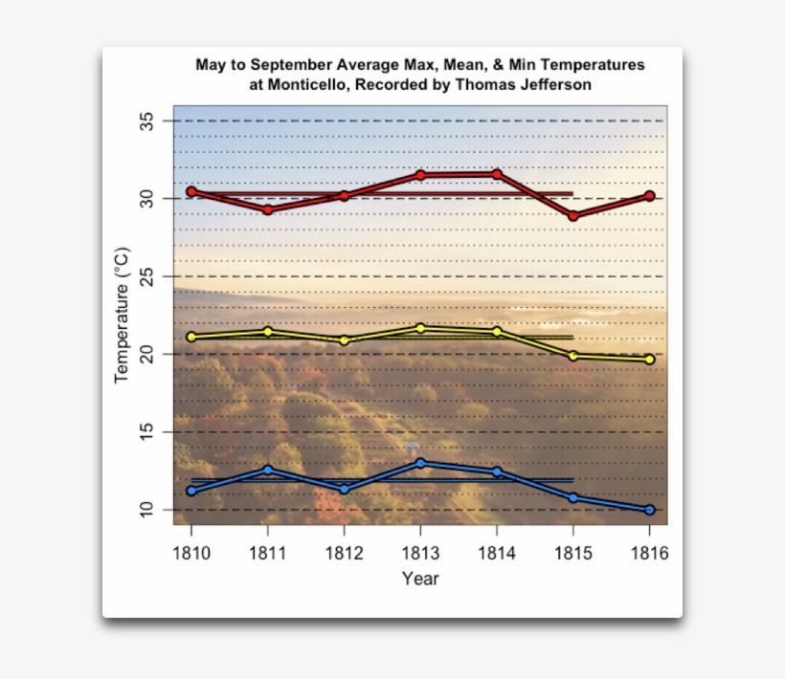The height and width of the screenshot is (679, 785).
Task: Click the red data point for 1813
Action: tap(420, 175)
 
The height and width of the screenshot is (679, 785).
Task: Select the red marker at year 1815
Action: tap(573, 216)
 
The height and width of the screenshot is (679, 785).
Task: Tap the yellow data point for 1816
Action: tap(650, 360)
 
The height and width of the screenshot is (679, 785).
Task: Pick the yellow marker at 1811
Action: tap(268, 332)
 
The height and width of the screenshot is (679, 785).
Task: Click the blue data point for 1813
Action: tap(420, 463)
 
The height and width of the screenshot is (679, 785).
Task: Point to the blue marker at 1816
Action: tap(650, 510)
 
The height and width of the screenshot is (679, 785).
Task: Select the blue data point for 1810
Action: tap(191, 491)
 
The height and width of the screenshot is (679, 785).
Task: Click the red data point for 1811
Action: tap(268, 209)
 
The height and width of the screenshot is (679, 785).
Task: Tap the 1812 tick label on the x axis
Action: tap(344, 554)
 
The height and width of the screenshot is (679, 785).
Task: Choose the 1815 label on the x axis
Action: tap(573, 554)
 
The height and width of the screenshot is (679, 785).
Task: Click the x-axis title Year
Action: tap(420, 579)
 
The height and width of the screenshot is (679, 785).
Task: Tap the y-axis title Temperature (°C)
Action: tap(122, 315)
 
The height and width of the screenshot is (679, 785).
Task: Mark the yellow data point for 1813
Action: tap(420, 328)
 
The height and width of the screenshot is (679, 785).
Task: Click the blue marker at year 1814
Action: tap(497, 471)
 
